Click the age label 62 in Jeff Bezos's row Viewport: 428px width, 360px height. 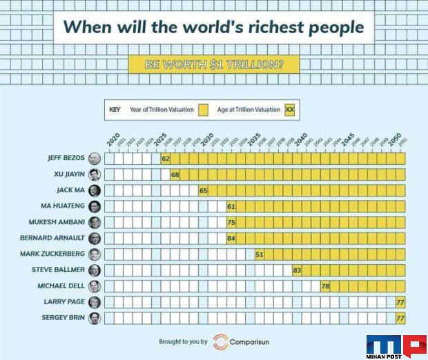(x=166, y=159)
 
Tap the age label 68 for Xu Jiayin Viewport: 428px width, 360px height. (x=175, y=174)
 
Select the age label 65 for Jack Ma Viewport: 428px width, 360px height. (x=204, y=190)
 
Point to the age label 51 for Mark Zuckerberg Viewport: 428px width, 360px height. (x=260, y=254)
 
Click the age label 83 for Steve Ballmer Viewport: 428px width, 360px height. (x=298, y=270)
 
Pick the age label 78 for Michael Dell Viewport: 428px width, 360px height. (x=325, y=286)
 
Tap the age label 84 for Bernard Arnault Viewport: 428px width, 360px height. (x=231, y=238)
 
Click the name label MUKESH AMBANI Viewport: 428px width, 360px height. (x=59, y=222)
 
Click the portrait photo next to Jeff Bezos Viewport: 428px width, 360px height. (x=95, y=159)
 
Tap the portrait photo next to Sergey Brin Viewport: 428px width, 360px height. (x=95, y=318)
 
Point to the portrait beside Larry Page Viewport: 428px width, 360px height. (x=95, y=302)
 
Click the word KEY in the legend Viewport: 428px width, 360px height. (x=115, y=110)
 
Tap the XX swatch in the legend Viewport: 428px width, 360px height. (x=290, y=110)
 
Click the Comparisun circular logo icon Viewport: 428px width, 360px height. (x=220, y=341)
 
